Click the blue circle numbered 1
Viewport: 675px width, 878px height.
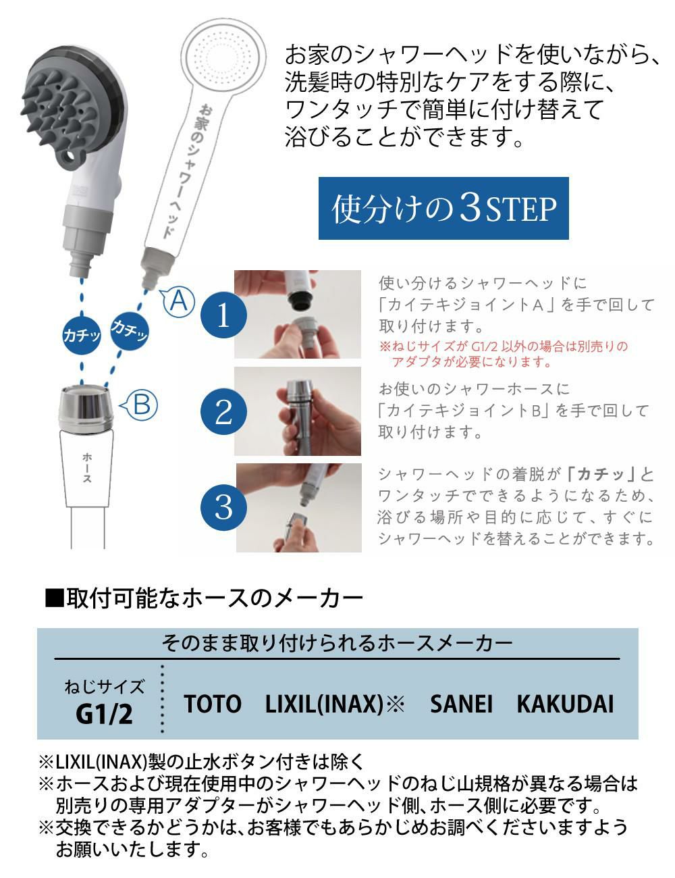pyautogui.click(x=223, y=315)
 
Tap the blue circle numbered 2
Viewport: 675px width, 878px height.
pyautogui.click(x=223, y=411)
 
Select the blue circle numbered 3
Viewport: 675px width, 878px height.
pyautogui.click(x=223, y=507)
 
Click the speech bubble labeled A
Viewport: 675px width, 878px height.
pyautogui.click(x=178, y=301)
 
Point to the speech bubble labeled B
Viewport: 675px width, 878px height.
pyautogui.click(x=139, y=405)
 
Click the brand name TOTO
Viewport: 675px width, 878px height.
pyautogui.click(x=213, y=704)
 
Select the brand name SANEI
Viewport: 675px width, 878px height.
pyautogui.click(x=461, y=704)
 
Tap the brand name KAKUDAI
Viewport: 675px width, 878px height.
pyautogui.click(x=565, y=704)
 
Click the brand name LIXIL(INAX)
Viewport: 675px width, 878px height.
pyautogui.click(x=324, y=704)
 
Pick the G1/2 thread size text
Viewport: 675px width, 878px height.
pyautogui.click(x=104, y=714)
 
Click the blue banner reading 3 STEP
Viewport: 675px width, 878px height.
pyautogui.click(x=443, y=208)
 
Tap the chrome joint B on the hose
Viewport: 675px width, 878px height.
pyautogui.click(x=86, y=409)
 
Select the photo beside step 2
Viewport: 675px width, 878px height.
pyautogui.click(x=298, y=411)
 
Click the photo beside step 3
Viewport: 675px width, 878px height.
pyautogui.click(x=299, y=507)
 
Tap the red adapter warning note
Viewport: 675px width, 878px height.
pyautogui.click(x=503, y=353)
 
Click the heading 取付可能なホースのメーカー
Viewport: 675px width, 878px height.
pyautogui.click(x=204, y=598)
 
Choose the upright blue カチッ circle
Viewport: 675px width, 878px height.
pyautogui.click(x=82, y=335)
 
